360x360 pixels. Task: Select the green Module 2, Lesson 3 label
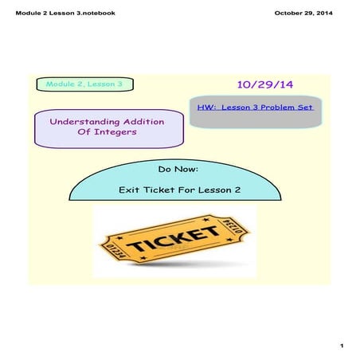point(84,84)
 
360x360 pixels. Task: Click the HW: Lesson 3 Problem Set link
point(256,106)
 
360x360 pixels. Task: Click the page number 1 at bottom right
point(340,346)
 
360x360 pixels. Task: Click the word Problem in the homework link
point(276,106)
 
